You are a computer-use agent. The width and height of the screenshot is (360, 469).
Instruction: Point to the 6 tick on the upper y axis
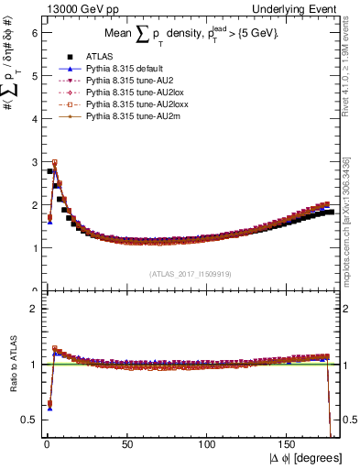click(33, 32)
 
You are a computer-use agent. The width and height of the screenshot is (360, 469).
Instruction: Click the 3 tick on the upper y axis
click(33, 161)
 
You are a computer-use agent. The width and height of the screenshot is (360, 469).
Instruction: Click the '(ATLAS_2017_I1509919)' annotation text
click(190, 273)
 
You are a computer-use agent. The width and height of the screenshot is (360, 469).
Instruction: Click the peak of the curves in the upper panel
click(54, 163)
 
